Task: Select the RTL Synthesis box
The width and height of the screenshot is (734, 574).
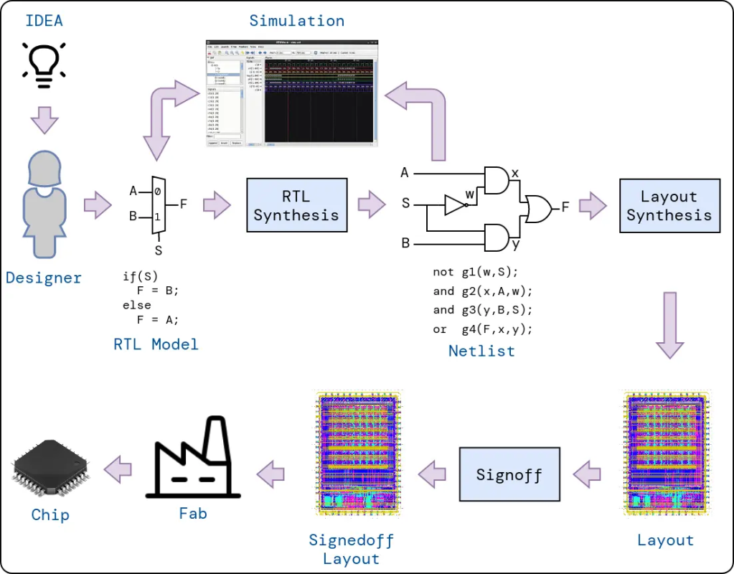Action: click(296, 205)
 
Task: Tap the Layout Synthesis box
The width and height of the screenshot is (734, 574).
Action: click(669, 205)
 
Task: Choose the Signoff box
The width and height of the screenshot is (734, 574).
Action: click(509, 474)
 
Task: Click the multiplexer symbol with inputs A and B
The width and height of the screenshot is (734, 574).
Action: click(159, 205)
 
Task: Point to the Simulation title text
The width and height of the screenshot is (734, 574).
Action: click(296, 21)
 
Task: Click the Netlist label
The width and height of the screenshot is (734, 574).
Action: click(481, 351)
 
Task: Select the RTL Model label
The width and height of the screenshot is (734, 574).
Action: click(156, 344)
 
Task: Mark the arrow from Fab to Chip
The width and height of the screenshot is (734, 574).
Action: click(118, 470)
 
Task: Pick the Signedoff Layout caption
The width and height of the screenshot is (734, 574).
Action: click(351, 549)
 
